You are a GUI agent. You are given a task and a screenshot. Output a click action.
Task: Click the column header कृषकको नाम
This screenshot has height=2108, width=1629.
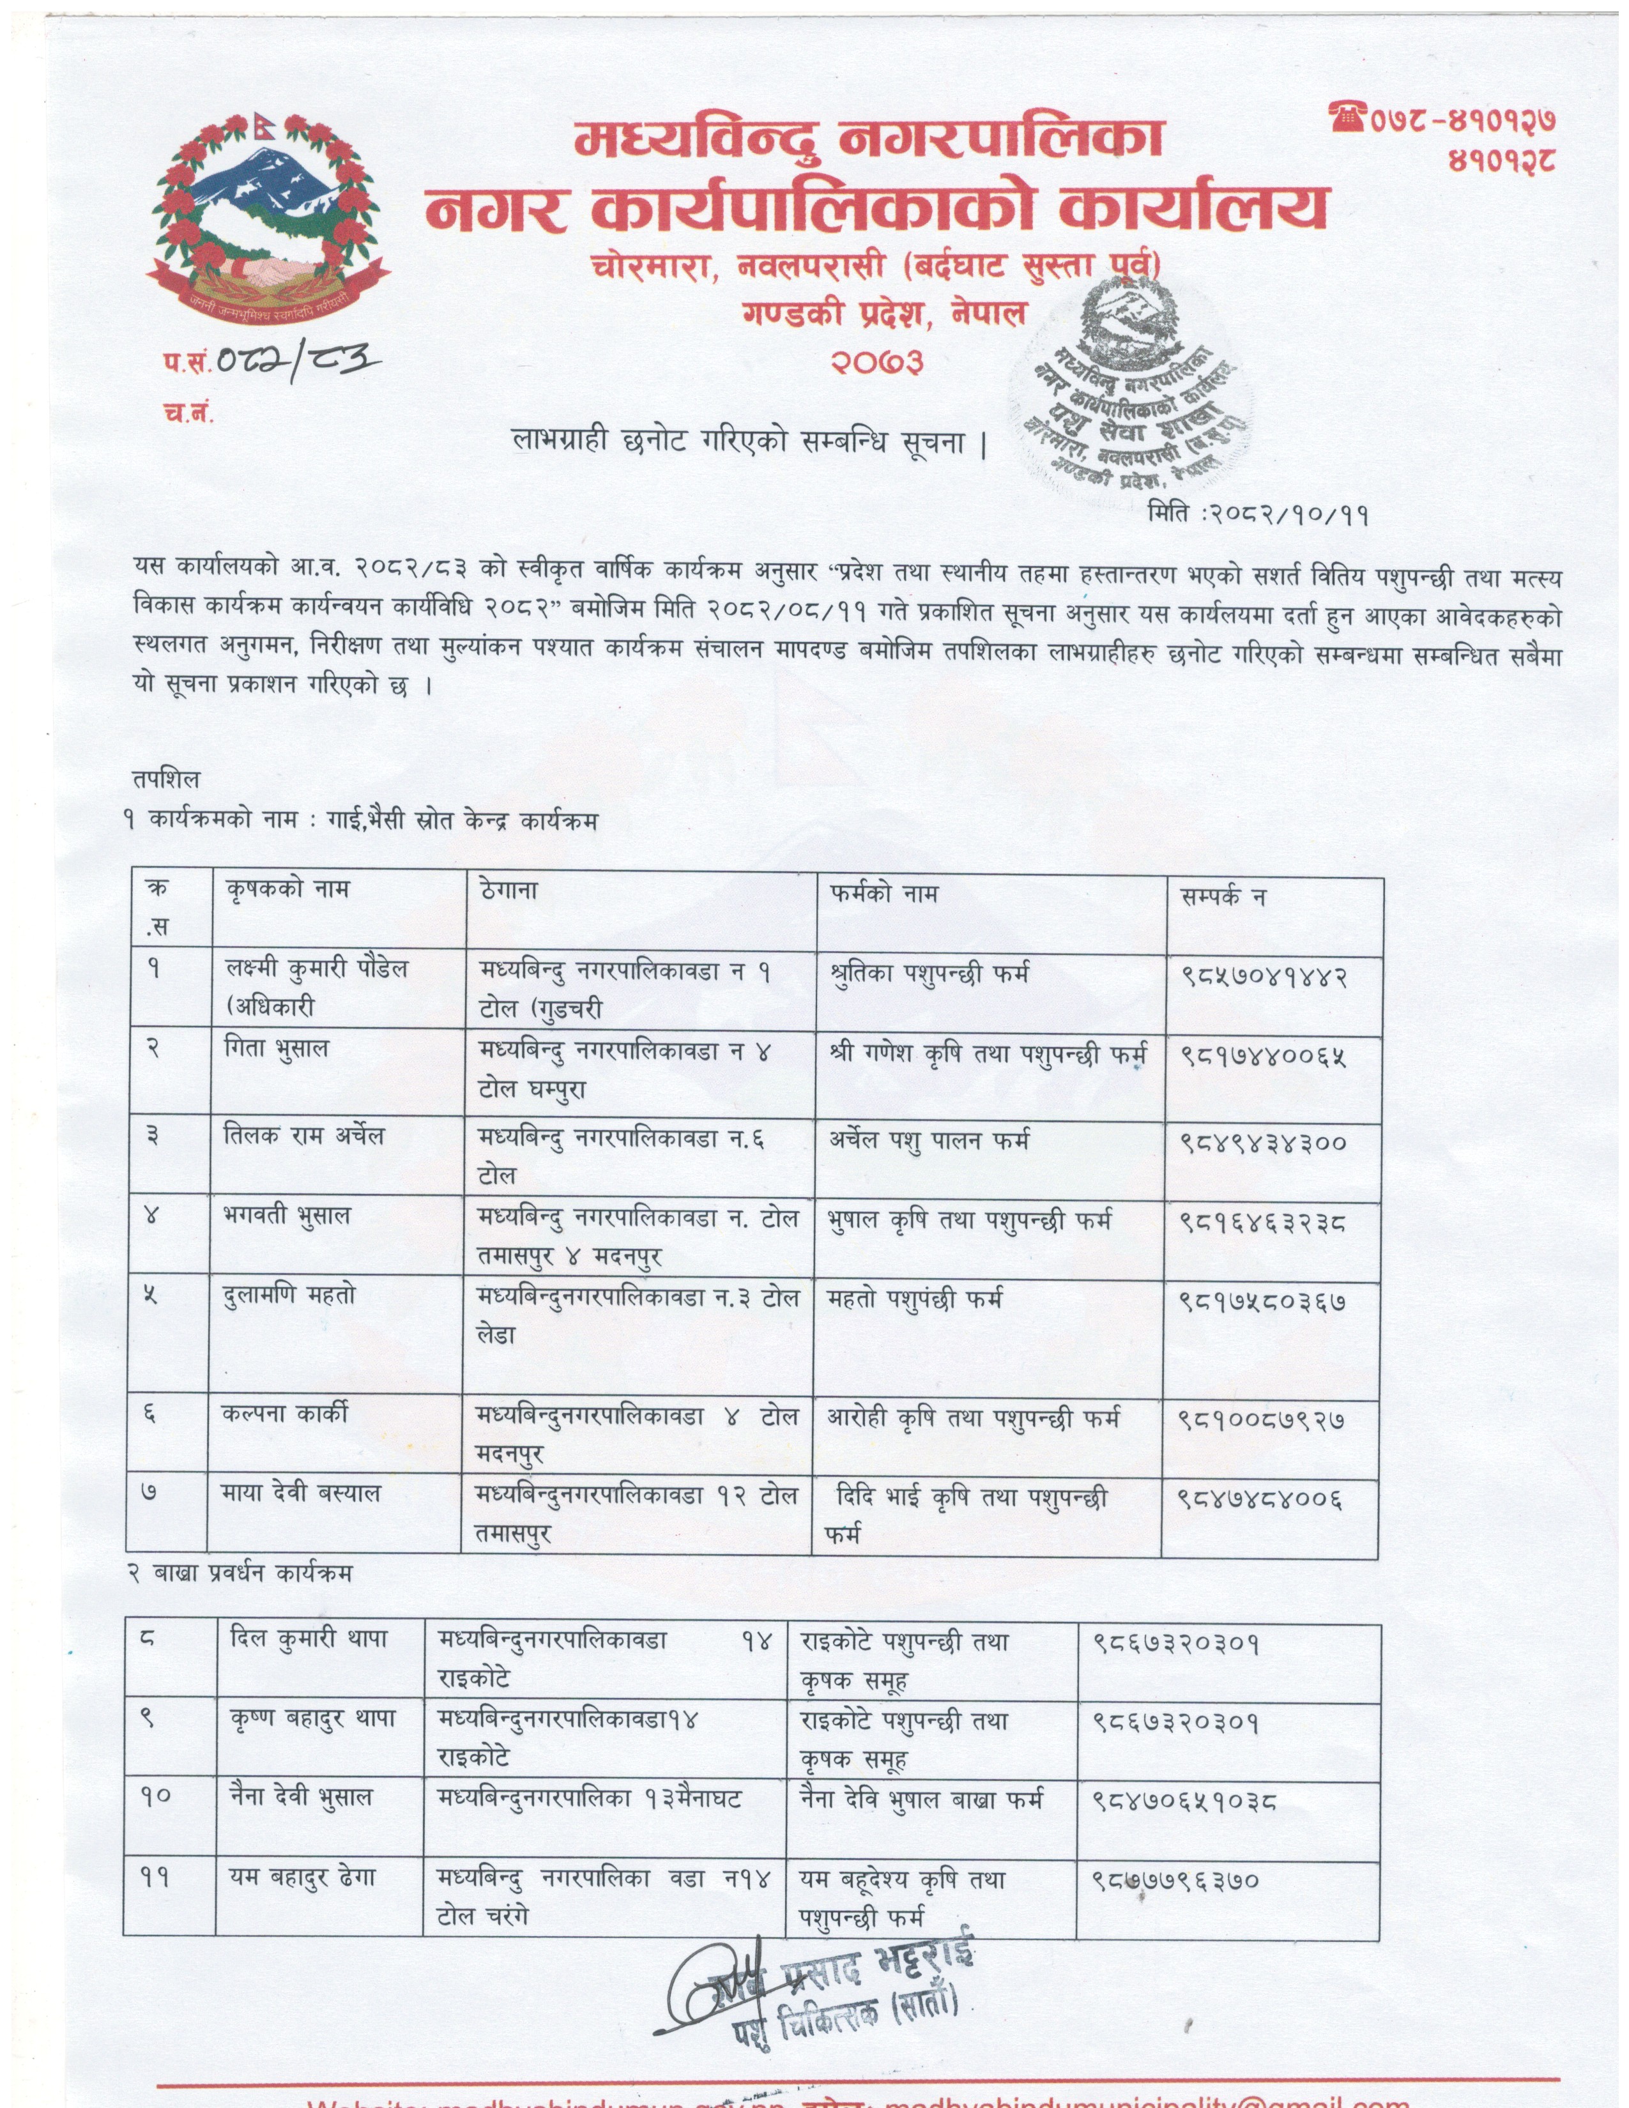coord(287,890)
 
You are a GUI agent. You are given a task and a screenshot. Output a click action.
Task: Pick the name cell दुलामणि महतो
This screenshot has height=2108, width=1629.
coord(289,1295)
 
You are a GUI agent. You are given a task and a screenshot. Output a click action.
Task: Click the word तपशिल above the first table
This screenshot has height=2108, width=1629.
coord(167,778)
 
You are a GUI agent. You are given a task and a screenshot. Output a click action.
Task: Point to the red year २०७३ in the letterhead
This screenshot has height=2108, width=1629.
coord(876,361)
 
